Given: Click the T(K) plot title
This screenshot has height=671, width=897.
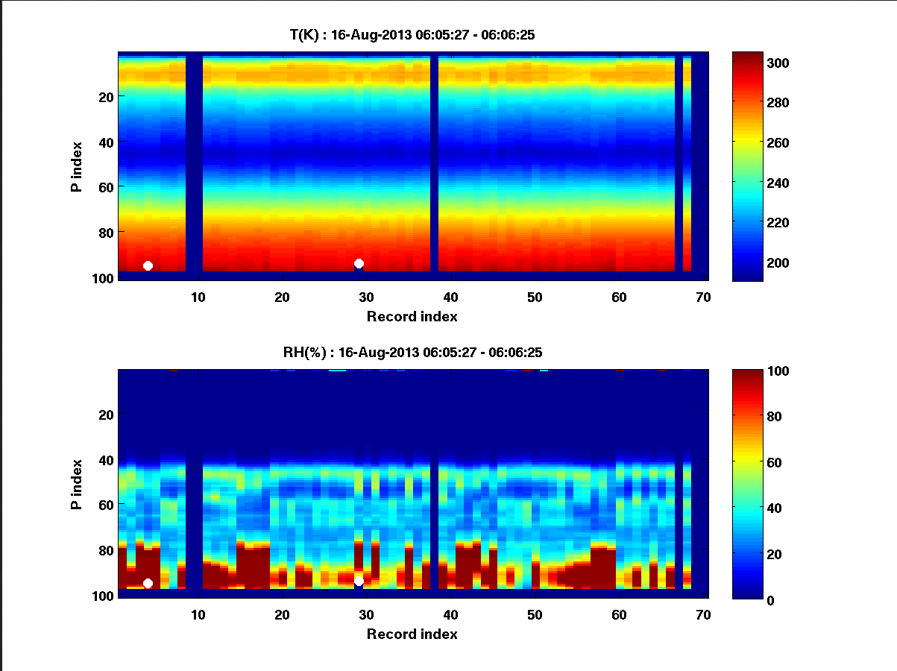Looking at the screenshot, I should pyautogui.click(x=412, y=34).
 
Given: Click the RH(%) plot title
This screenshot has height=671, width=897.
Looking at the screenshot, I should pyautogui.click(x=412, y=352).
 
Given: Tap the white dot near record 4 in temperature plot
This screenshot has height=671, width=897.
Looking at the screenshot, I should pyautogui.click(x=148, y=265).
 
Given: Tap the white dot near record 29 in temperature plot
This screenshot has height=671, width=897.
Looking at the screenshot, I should pyautogui.click(x=359, y=263).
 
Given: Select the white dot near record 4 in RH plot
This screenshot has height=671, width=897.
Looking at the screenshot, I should pyautogui.click(x=148, y=583).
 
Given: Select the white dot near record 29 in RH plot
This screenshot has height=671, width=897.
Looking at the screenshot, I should pyautogui.click(x=359, y=581).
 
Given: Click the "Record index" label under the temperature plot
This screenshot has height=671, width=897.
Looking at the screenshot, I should pyautogui.click(x=412, y=316).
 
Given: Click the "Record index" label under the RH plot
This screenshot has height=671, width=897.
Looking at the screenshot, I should pyautogui.click(x=412, y=634).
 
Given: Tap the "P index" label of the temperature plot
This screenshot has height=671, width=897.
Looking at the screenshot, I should pyautogui.click(x=77, y=166).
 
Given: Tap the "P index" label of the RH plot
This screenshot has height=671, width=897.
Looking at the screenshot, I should pyautogui.click(x=77, y=483).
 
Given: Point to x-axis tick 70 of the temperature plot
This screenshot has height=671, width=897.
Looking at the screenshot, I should pyautogui.click(x=702, y=297).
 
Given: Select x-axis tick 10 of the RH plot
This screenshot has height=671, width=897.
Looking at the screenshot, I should pyautogui.click(x=198, y=614).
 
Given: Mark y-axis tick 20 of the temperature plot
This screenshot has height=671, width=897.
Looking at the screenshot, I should pyautogui.click(x=105, y=96).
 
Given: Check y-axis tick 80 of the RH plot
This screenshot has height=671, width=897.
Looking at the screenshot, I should pyautogui.click(x=105, y=550).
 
